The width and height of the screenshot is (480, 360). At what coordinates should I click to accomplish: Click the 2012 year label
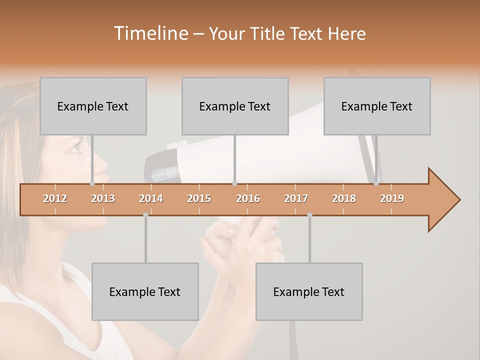[55, 198]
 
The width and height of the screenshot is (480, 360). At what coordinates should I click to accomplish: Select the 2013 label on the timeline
[103, 198]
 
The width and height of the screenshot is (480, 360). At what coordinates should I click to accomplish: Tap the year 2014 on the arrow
[151, 198]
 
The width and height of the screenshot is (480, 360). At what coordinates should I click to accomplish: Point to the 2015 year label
[199, 198]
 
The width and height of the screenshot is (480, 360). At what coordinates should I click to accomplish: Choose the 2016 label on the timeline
[248, 198]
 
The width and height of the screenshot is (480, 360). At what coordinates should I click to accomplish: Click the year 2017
[296, 198]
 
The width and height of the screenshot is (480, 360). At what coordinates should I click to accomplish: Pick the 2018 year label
[344, 198]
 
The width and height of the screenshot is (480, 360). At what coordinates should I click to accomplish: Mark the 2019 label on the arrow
[392, 198]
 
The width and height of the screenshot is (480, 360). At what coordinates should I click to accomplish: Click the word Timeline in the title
[150, 33]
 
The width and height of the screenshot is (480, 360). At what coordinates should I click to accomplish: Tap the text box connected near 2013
[93, 106]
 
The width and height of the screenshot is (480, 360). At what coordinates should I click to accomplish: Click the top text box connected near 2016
[235, 106]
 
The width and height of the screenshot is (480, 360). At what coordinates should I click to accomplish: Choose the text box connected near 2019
[377, 106]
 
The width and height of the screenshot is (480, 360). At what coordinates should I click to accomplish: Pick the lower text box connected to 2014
[145, 291]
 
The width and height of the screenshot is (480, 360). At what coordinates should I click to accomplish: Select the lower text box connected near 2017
[309, 291]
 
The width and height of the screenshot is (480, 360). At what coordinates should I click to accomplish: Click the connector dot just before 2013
[92, 183]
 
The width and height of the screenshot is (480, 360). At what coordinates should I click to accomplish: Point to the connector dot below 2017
[309, 215]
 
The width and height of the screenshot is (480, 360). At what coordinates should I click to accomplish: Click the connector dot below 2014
[145, 215]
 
